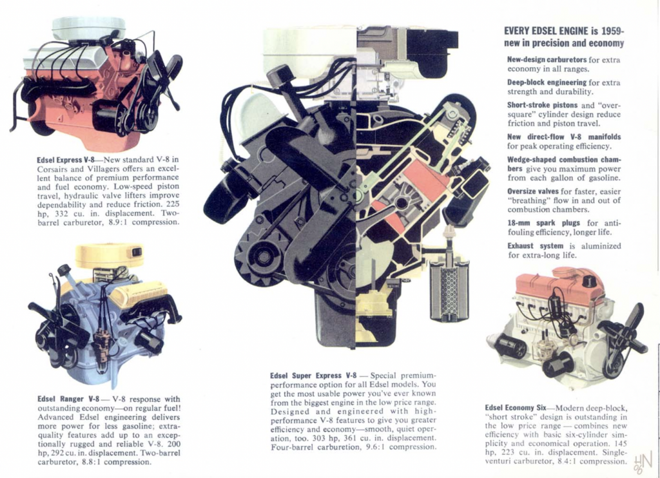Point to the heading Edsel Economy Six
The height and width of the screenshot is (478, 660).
tap(515, 408)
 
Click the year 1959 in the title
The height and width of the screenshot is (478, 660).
tap(612, 31)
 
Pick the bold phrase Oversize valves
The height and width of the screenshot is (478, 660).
tap(533, 191)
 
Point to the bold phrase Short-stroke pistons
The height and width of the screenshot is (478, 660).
tap(542, 105)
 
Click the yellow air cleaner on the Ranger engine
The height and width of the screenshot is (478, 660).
tap(110, 255)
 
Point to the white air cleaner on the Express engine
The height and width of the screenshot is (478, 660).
tap(88, 28)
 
